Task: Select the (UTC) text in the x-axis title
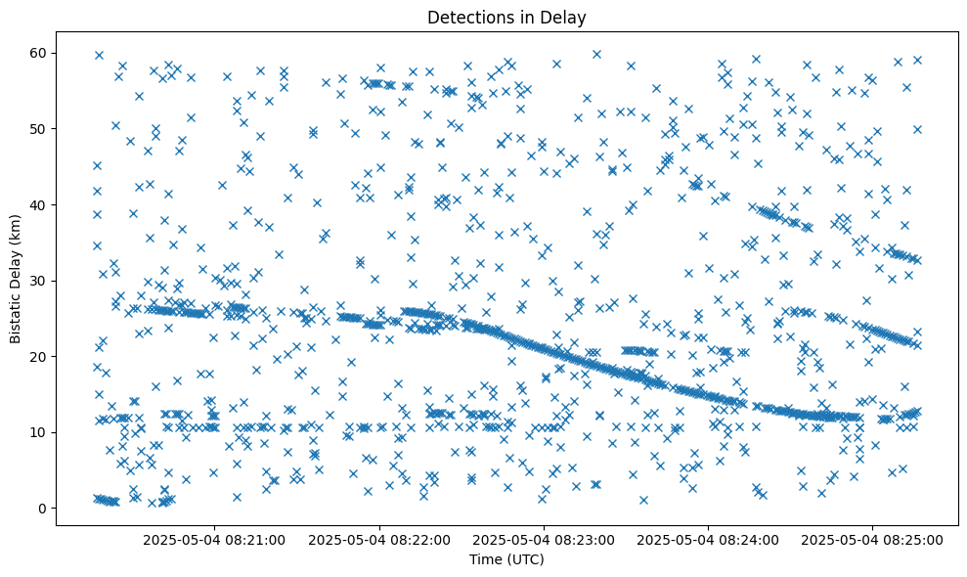click(x=525, y=560)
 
